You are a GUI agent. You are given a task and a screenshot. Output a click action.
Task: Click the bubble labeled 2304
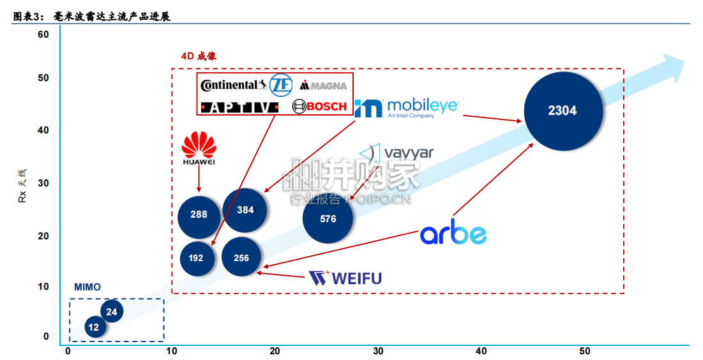click(563, 111)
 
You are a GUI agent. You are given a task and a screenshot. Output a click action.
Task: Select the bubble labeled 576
click(328, 218)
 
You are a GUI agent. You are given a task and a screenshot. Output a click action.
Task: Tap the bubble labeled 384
click(245, 210)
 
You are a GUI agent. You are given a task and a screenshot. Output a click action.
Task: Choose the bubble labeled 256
click(241, 257)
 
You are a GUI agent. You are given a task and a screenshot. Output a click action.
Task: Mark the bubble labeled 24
click(112, 311)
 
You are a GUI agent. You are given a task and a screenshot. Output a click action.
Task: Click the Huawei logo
click(199, 148)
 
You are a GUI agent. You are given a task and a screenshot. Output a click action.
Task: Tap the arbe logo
click(453, 232)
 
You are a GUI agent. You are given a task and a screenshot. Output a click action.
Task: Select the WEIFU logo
click(345, 278)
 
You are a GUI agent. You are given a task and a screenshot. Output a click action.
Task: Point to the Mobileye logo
click(407, 108)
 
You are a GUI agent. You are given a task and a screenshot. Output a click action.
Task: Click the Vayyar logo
click(397, 153)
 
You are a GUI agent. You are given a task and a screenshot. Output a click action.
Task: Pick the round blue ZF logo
click(281, 85)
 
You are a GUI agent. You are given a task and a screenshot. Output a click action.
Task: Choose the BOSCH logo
click(319, 106)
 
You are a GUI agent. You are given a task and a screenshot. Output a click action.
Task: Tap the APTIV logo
click(239, 108)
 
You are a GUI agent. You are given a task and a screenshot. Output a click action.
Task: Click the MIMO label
click(87, 287)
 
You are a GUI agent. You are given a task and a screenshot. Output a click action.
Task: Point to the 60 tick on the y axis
click(43, 34)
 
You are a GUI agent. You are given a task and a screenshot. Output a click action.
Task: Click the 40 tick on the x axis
click(481, 351)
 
